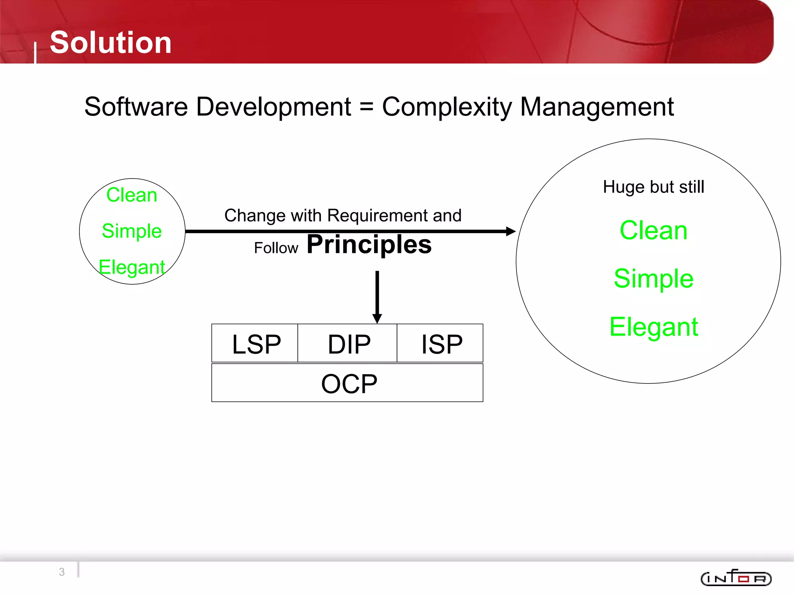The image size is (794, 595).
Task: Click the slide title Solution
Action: click(x=110, y=43)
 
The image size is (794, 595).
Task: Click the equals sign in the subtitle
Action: click(x=366, y=107)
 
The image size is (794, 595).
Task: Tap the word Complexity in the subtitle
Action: click(x=447, y=107)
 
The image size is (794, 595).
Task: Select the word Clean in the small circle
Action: click(x=132, y=195)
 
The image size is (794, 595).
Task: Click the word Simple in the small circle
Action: click(x=132, y=231)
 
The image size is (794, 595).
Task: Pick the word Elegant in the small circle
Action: click(x=132, y=267)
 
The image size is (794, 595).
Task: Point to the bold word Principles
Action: click(x=369, y=244)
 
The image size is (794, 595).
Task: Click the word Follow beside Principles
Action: click(x=276, y=248)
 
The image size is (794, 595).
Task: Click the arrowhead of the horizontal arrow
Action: click(x=511, y=231)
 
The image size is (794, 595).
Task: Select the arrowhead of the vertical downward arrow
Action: click(x=377, y=318)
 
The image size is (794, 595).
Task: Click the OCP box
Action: click(x=349, y=383)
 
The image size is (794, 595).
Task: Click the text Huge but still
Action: click(x=653, y=187)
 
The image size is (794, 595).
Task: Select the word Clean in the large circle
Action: click(x=653, y=230)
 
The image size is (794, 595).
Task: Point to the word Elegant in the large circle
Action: click(x=653, y=327)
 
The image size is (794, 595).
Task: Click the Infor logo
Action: click(x=736, y=578)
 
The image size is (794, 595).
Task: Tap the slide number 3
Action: click(x=62, y=572)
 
